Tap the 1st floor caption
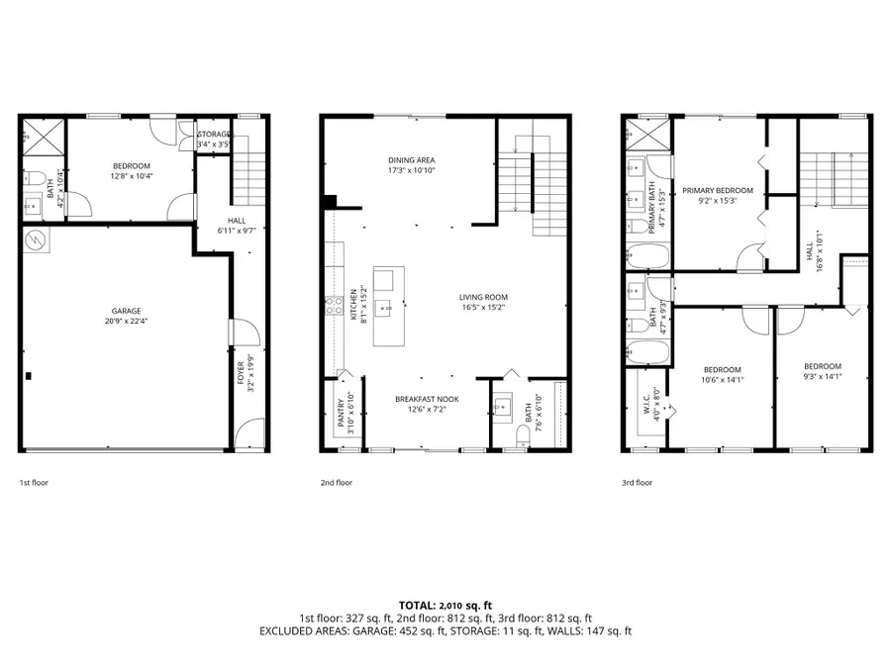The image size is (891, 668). point(34,483)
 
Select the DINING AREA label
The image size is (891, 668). point(411,160)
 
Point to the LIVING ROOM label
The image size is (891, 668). point(482,296)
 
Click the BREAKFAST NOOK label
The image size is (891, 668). point(424,399)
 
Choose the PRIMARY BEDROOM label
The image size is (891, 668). point(717,190)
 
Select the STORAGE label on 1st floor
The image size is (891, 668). point(213,135)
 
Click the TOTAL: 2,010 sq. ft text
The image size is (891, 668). point(445,604)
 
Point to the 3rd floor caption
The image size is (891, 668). point(637,483)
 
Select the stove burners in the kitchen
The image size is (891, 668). point(329,307)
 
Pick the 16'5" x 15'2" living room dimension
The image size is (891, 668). point(482,307)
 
